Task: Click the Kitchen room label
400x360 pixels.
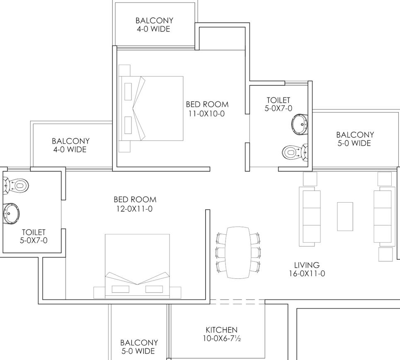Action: [x=221, y=330]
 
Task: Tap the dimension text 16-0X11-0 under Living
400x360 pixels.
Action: [x=307, y=273]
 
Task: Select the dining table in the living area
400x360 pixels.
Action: [x=238, y=252]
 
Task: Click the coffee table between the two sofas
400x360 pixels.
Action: [x=345, y=217]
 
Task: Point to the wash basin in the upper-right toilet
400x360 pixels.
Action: [x=300, y=125]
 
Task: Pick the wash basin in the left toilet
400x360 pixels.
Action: [x=11, y=214]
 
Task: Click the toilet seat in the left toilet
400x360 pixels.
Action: [x=16, y=185]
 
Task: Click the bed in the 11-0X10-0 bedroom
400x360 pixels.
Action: [x=151, y=109]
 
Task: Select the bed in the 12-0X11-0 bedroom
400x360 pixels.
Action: [x=137, y=266]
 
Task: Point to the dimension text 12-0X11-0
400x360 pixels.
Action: [x=134, y=209]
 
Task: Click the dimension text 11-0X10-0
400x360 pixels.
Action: [x=207, y=114]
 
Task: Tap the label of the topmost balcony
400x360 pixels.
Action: [x=154, y=24]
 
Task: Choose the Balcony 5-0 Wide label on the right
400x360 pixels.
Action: [x=355, y=139]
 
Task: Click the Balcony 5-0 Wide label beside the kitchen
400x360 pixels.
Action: [x=139, y=347]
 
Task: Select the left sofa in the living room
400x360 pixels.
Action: [x=310, y=217]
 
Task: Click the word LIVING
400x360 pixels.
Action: [x=307, y=265]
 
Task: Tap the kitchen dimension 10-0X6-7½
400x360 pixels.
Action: [x=222, y=338]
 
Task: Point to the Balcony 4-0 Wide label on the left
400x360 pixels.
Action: [x=70, y=145]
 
